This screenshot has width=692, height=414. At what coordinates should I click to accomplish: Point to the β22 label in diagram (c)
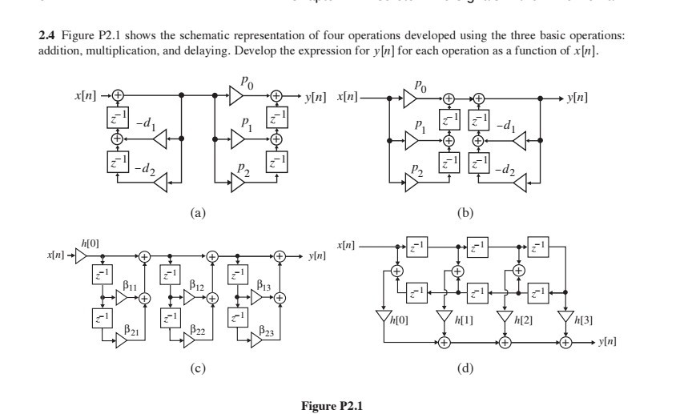click(197, 329)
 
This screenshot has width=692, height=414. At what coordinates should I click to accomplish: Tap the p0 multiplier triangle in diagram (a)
click(236, 95)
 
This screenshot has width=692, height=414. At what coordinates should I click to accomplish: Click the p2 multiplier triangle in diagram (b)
click(412, 183)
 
